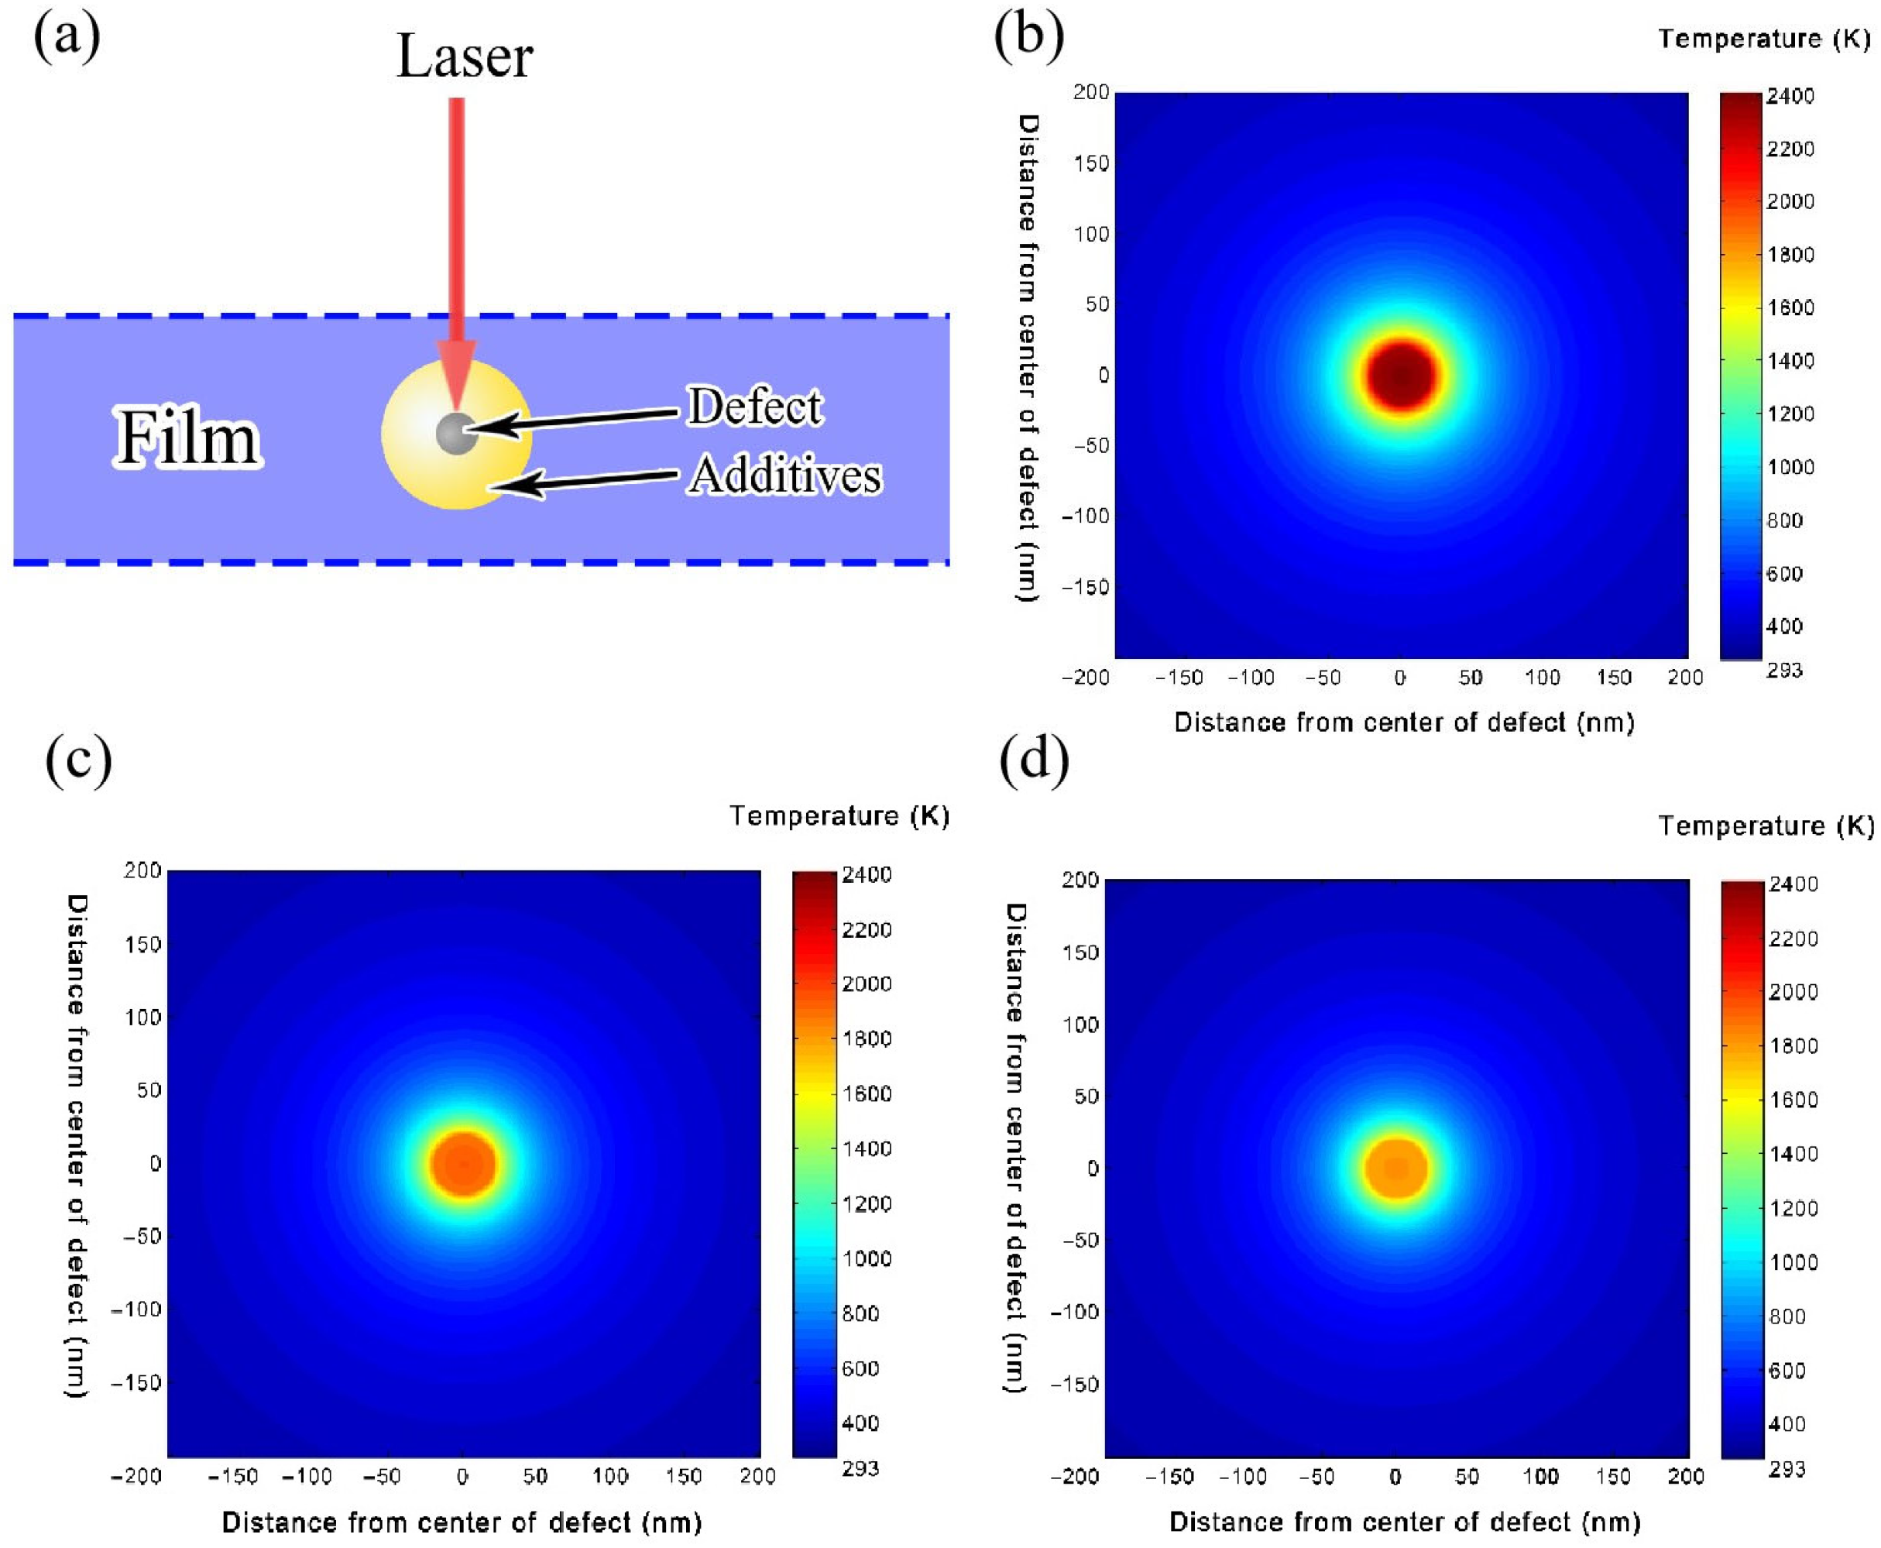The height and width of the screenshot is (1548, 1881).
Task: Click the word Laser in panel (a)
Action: [x=464, y=57]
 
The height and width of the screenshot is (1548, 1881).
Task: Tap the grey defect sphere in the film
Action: [x=456, y=434]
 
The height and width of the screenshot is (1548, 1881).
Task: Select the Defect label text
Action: [x=754, y=407]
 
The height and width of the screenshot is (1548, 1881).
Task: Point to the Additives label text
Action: [x=785, y=475]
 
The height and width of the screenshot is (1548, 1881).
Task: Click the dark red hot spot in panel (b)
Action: [x=1402, y=376]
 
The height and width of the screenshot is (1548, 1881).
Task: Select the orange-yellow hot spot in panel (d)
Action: [x=1396, y=1168]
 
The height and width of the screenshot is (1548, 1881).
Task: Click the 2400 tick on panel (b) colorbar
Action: [x=1789, y=96]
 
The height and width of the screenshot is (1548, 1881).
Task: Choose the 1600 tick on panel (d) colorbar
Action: [x=1793, y=1100]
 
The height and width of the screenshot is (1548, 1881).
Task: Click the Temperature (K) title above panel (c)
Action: [x=839, y=816]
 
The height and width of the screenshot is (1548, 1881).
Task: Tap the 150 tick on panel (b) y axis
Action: [x=1091, y=163]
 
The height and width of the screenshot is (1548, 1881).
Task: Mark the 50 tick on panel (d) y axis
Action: [x=1086, y=1096]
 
